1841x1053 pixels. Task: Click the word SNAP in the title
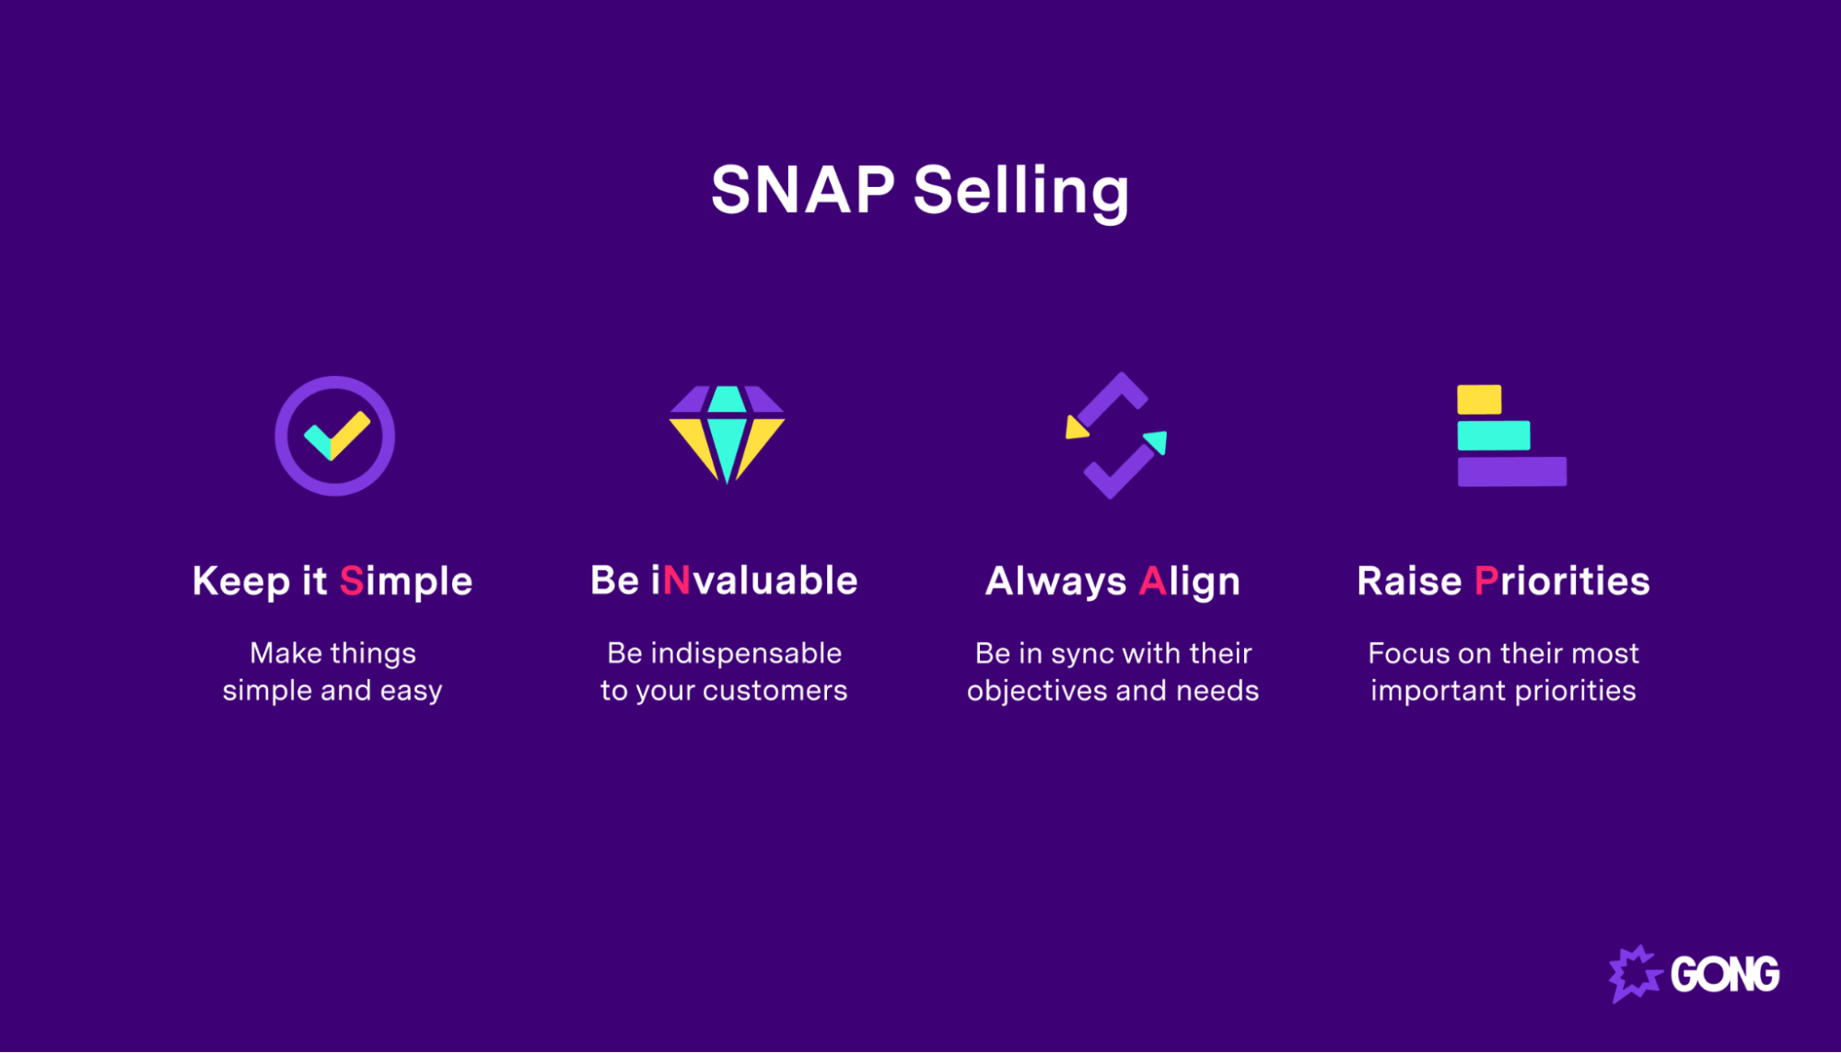802,191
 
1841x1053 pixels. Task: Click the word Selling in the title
1020,191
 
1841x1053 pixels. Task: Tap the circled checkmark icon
335,436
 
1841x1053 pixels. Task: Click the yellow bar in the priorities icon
1479,400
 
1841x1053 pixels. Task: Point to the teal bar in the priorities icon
1493,436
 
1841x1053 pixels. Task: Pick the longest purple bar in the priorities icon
1511,472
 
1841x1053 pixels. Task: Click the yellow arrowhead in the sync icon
1076,428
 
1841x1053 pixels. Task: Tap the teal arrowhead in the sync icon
1157,442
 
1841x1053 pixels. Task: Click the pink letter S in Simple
352,581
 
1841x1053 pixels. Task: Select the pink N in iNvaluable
676,581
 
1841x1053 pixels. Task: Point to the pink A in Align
1153,581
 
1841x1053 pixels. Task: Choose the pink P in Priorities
1486,581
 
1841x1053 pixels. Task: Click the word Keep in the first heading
240,581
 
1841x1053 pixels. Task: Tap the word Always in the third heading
1055,581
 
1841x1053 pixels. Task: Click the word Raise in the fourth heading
1409,581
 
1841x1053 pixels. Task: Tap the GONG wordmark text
1725,975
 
